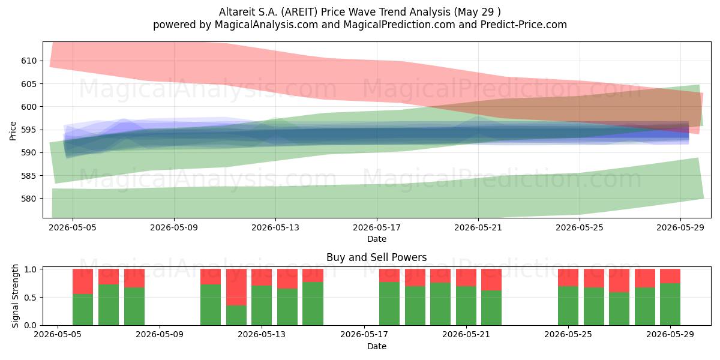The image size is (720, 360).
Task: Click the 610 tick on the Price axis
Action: (x=29, y=61)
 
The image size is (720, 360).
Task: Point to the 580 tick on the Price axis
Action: (x=29, y=199)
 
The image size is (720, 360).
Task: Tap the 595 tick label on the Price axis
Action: (x=29, y=130)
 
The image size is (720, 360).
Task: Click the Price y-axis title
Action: (x=13, y=131)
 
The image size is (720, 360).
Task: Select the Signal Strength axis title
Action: (x=15, y=296)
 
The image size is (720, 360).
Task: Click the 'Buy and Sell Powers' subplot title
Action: (x=376, y=257)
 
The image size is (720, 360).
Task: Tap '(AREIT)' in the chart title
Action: (x=299, y=12)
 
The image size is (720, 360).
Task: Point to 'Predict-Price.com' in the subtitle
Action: (x=524, y=25)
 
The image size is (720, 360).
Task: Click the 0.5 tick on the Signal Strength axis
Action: (x=30, y=298)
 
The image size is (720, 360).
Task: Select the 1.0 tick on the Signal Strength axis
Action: (x=30, y=269)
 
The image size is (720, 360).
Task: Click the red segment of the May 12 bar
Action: (x=236, y=287)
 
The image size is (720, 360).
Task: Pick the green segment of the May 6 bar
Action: (x=83, y=310)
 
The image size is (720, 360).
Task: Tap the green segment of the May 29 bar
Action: (x=670, y=304)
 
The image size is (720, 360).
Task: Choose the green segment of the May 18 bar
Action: (x=389, y=304)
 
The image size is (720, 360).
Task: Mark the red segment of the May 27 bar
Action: (x=619, y=281)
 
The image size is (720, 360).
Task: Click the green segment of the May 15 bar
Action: (x=313, y=304)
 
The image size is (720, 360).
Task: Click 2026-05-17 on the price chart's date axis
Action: (x=377, y=227)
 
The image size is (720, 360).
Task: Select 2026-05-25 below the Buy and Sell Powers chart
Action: (x=568, y=335)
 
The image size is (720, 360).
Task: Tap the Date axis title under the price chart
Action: (x=377, y=239)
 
